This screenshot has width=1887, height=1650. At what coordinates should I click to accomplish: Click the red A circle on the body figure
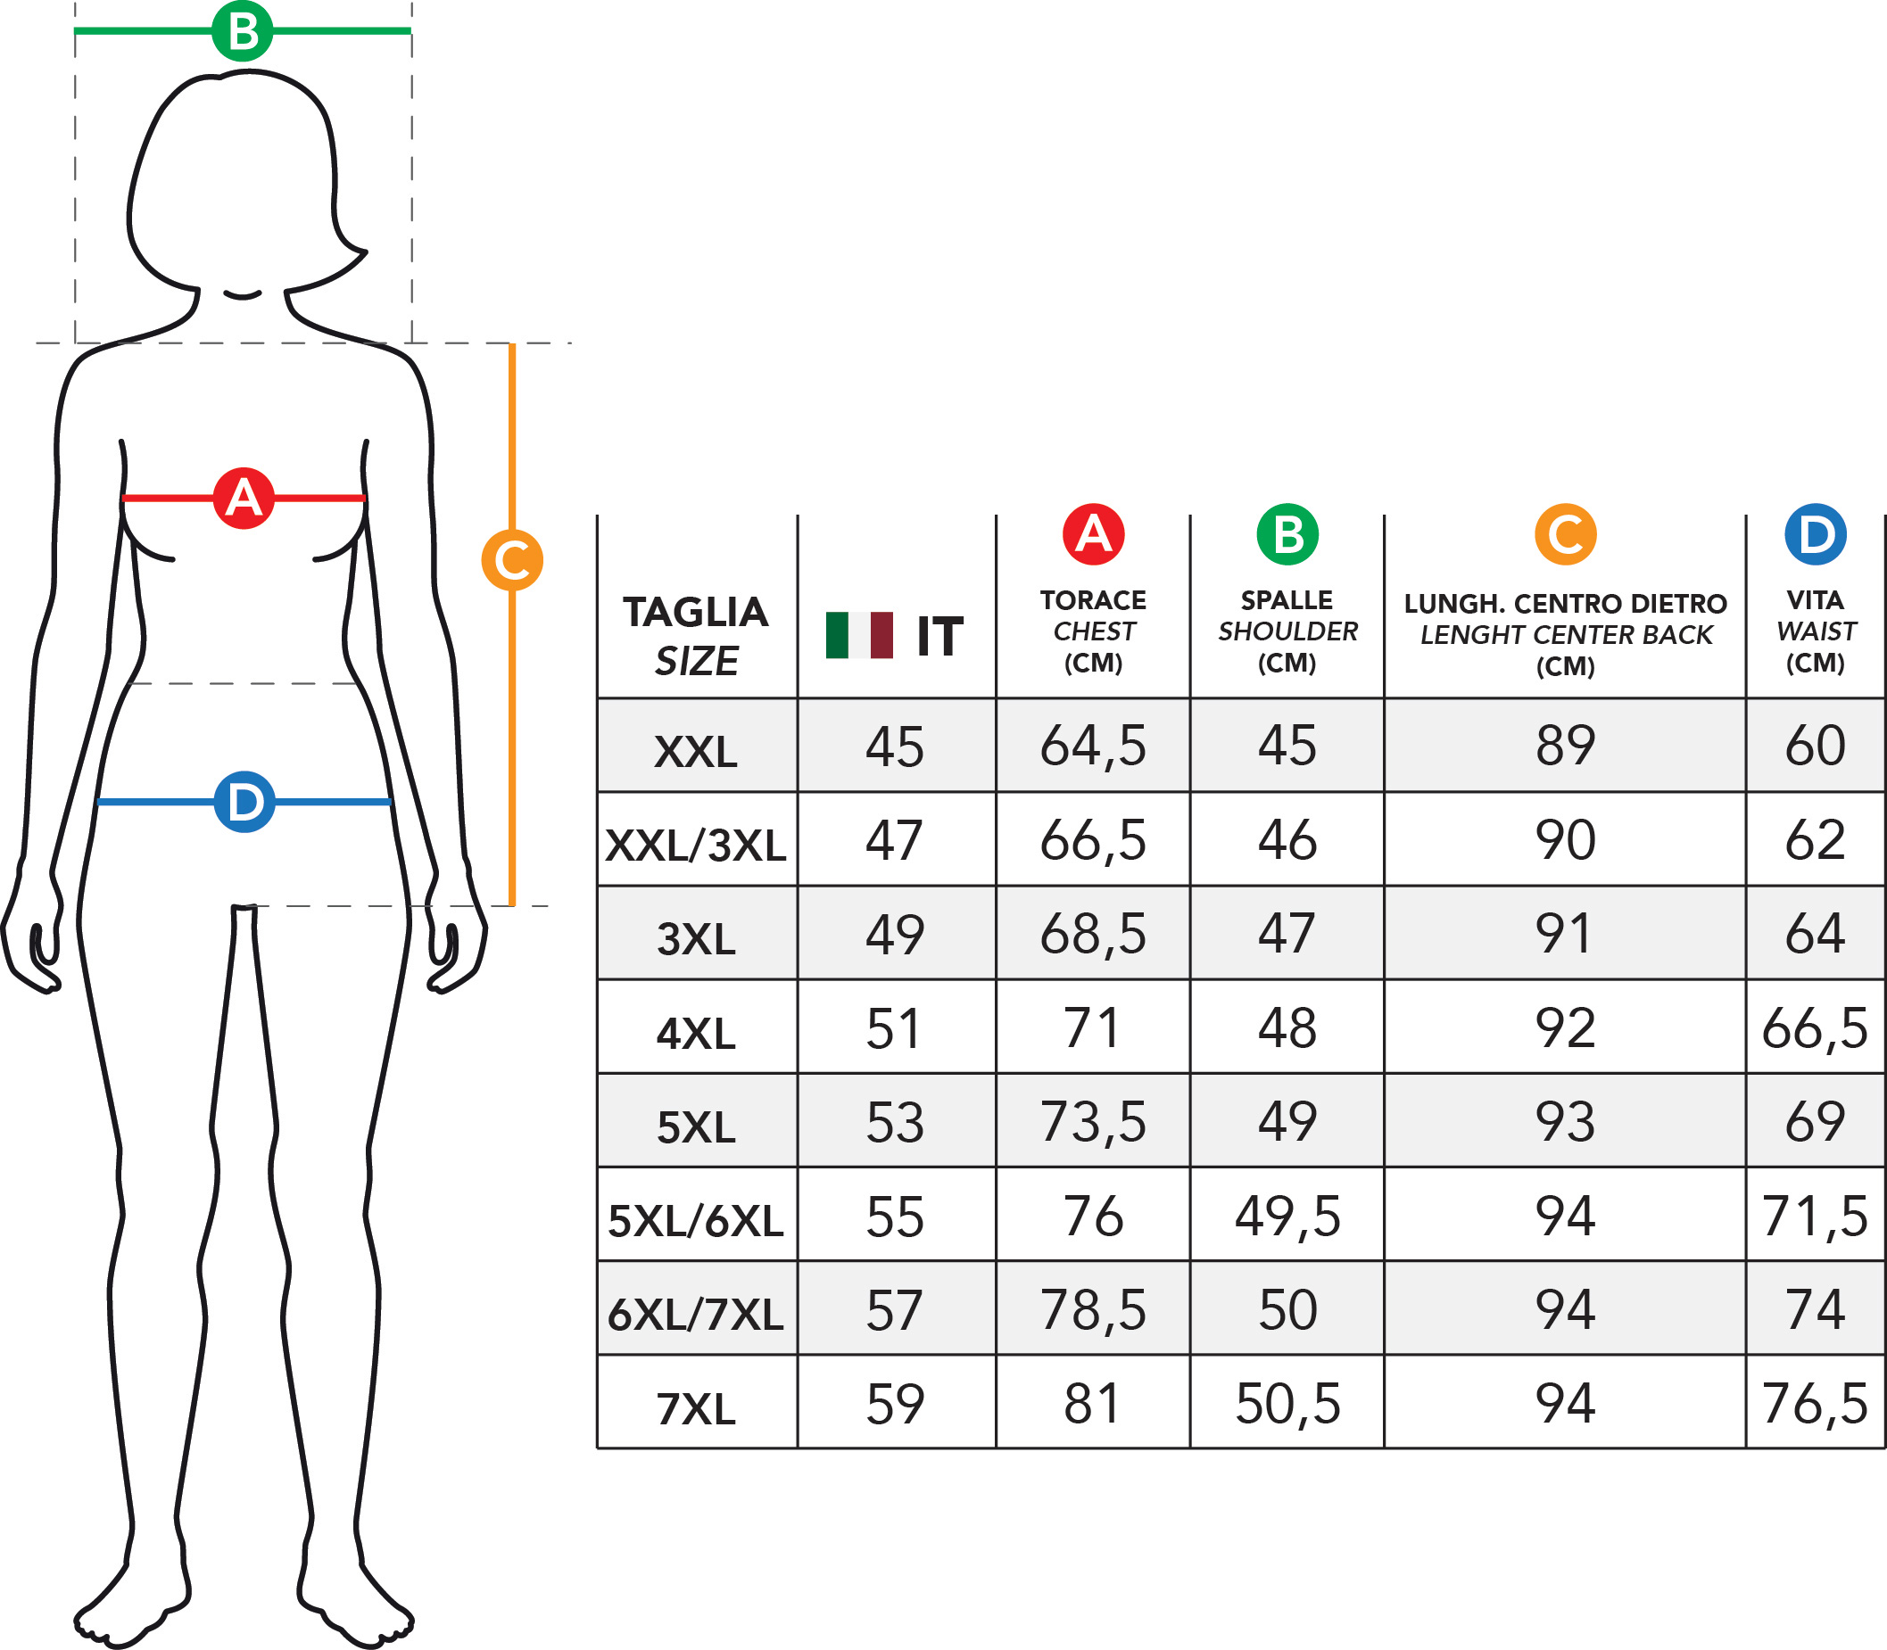pos(244,499)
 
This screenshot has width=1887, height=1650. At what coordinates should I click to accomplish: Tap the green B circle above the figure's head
pos(242,30)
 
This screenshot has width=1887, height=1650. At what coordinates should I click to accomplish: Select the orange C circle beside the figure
pos(512,560)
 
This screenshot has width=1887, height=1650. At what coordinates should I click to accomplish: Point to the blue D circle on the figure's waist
pos(244,802)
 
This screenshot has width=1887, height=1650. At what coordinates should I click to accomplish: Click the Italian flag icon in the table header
pos(859,635)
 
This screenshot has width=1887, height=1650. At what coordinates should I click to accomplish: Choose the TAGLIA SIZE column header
pos(696,636)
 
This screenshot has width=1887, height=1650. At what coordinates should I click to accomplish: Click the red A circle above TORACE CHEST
pos(1093,534)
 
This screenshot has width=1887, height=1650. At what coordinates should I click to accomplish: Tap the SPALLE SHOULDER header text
pos(1287,631)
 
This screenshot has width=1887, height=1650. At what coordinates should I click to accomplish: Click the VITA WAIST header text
pos(1815,631)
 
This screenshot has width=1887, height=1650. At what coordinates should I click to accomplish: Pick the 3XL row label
pos(696,939)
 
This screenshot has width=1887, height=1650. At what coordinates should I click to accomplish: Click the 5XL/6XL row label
pos(696,1221)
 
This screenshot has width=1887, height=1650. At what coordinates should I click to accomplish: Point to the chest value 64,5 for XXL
pos(1093,746)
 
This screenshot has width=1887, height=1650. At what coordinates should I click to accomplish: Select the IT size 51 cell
pos(893,1028)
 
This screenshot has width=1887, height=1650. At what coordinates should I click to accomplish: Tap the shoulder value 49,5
pos(1287,1217)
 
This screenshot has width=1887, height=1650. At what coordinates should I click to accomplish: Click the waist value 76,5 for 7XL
pos(1815,1404)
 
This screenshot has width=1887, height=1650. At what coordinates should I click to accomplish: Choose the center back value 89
pos(1566,745)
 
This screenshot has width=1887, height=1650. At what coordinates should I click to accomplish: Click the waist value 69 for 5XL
pos(1815,1121)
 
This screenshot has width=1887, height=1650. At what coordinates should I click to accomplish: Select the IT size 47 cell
pos(893,841)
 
